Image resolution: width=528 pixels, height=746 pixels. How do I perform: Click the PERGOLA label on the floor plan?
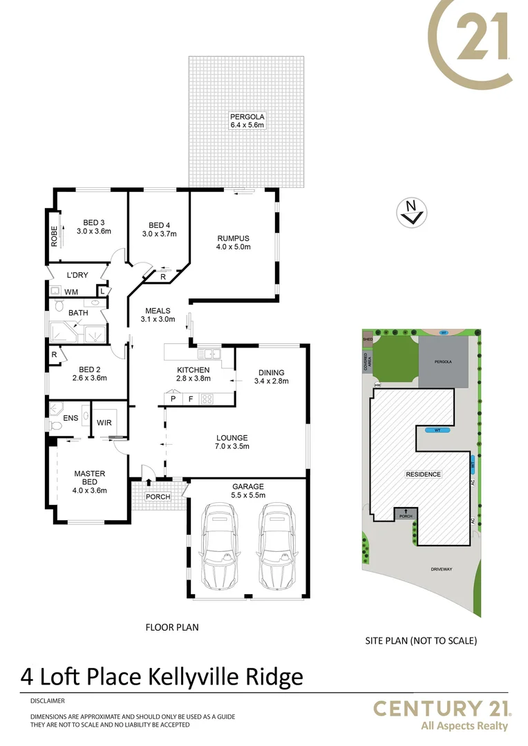click(247, 117)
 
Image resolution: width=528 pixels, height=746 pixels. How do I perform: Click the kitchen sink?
click(208, 354)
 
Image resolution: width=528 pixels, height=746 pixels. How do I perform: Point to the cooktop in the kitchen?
click(207, 399)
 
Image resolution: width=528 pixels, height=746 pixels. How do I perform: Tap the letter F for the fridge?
click(190, 399)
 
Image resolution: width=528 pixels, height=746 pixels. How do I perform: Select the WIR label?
click(104, 422)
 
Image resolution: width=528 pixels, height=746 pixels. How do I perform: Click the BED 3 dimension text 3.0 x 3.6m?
click(94, 231)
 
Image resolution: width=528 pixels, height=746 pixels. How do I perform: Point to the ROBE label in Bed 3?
click(54, 236)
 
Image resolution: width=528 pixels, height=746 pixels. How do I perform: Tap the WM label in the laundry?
click(71, 292)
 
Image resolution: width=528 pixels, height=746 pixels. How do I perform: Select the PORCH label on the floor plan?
click(158, 497)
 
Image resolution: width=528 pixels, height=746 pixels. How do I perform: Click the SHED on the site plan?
click(367, 339)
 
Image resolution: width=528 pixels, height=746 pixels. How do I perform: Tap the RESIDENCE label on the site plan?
click(423, 475)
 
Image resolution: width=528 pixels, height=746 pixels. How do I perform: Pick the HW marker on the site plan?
click(377, 385)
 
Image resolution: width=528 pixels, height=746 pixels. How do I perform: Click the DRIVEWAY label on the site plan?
click(440, 568)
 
